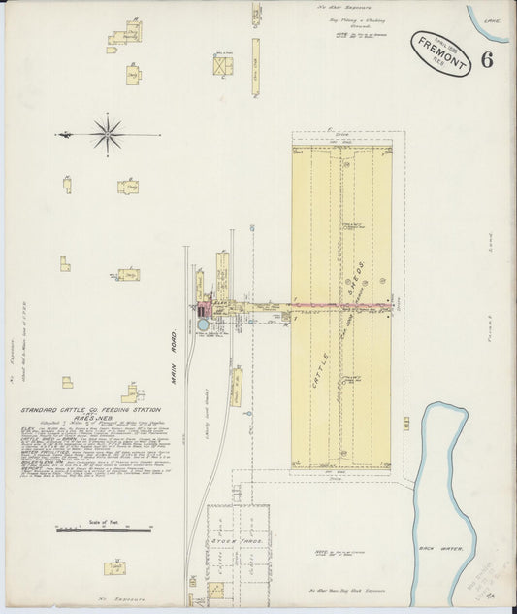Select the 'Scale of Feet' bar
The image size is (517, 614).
click(104, 529)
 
